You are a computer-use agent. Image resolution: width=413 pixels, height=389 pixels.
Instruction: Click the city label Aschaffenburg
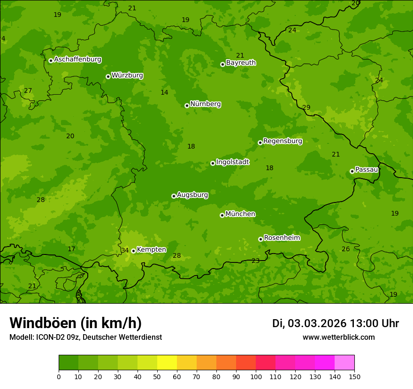coord(77,60)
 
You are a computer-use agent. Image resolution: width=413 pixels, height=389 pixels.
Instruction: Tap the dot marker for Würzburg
coord(108,76)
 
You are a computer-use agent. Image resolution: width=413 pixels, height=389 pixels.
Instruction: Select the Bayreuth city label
coord(241,63)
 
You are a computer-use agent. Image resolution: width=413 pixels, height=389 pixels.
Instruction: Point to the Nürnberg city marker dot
coord(187,105)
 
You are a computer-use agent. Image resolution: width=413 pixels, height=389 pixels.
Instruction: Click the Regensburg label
coord(283,141)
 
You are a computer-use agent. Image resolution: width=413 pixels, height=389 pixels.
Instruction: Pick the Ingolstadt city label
coord(232,162)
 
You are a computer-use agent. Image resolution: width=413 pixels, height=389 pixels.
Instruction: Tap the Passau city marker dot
coord(352,171)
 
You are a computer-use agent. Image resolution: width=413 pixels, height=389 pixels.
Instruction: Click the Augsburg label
coord(192,194)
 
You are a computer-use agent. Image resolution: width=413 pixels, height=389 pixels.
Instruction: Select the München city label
coord(240,214)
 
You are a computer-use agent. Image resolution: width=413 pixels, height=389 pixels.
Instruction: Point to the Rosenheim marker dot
coord(260,239)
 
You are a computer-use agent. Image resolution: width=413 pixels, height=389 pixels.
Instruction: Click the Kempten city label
coord(151,250)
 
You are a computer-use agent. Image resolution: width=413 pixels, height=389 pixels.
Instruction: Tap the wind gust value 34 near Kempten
coord(125,250)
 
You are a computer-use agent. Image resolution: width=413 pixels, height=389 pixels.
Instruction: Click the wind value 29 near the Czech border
coord(306,107)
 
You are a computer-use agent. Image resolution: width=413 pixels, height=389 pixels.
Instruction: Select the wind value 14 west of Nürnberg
coord(164,92)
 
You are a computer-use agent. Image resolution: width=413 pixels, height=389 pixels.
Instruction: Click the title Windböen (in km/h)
coord(76,323)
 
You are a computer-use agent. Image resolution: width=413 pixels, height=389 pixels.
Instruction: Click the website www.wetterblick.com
coord(338,337)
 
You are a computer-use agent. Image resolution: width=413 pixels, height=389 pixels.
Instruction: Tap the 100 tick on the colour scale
coord(256,376)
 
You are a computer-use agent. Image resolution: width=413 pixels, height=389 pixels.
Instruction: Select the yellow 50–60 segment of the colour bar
coord(167,363)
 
